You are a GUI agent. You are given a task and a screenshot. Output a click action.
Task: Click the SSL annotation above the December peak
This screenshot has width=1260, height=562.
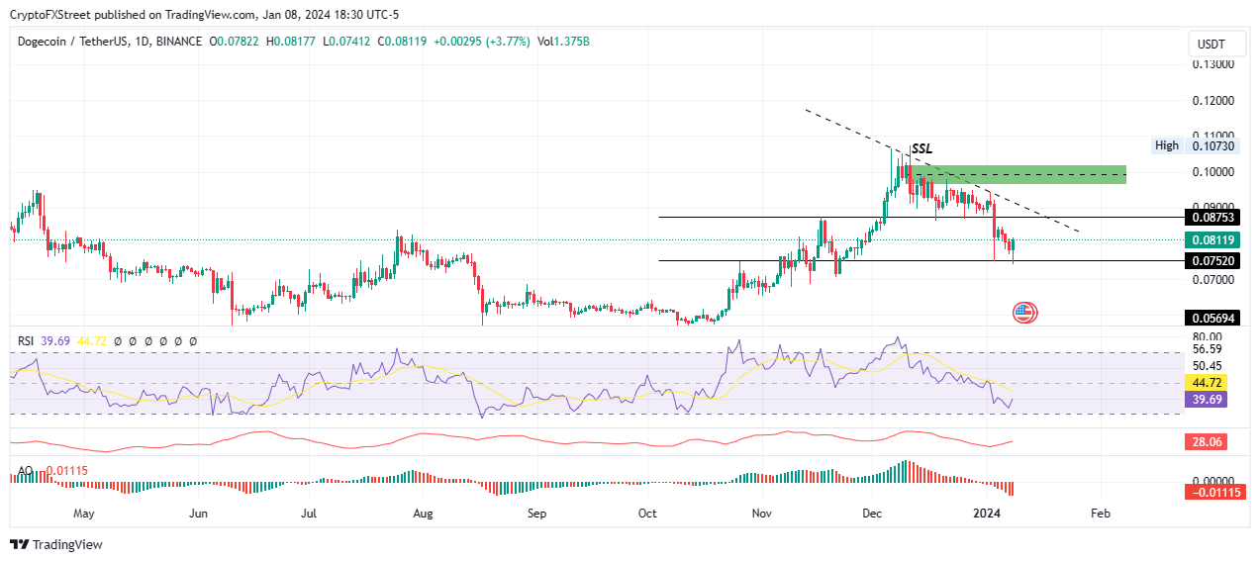pyautogui.click(x=921, y=149)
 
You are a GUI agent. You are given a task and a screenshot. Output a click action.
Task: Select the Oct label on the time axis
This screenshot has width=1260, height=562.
pyautogui.click(x=648, y=514)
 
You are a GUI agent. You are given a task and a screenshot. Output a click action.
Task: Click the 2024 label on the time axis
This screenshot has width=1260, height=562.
pyautogui.click(x=987, y=514)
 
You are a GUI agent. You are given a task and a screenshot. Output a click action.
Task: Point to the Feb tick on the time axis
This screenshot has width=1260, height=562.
pyautogui.click(x=1100, y=514)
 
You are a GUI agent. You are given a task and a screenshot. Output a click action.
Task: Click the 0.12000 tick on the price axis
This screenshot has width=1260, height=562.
pyautogui.click(x=1212, y=101)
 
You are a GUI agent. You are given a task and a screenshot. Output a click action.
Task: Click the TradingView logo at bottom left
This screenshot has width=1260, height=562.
pyautogui.click(x=56, y=544)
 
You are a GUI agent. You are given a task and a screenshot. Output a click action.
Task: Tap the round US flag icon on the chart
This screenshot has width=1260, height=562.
pyautogui.click(x=1023, y=313)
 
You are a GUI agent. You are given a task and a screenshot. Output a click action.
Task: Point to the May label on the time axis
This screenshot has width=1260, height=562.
pyautogui.click(x=84, y=514)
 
